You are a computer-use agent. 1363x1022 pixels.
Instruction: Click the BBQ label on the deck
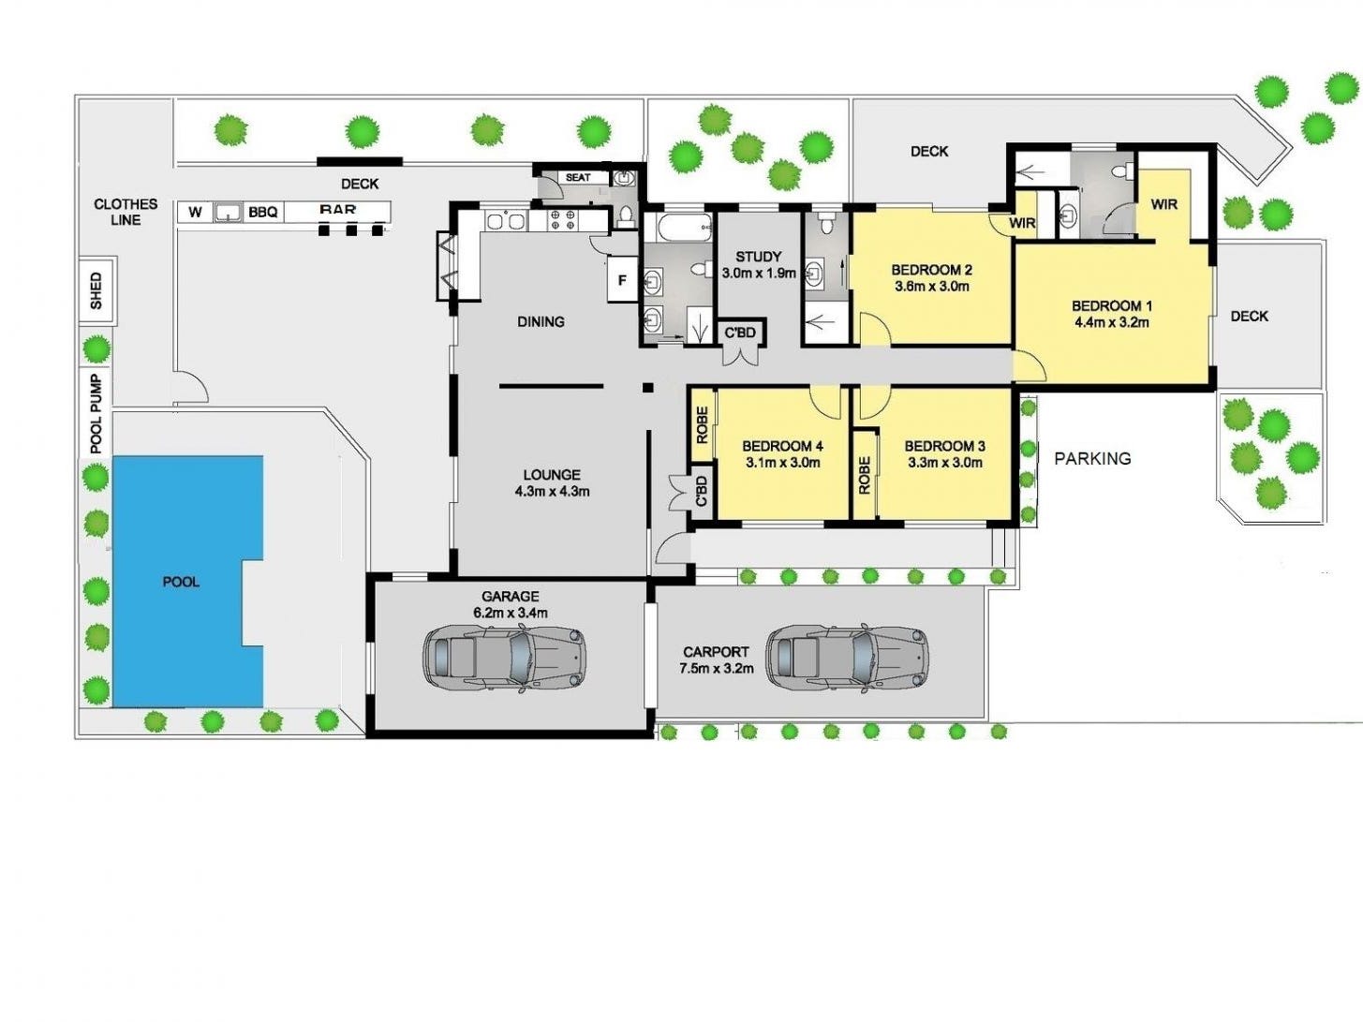[263, 213]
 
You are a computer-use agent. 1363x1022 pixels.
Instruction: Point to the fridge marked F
[622, 281]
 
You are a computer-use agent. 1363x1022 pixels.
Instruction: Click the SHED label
[96, 290]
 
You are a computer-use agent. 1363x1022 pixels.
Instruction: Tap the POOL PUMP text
[96, 413]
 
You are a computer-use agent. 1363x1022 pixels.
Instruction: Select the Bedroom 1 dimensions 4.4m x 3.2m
[1111, 323]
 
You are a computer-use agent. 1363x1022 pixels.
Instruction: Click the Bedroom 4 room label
[782, 446]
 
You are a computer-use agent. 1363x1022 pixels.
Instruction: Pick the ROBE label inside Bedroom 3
[864, 475]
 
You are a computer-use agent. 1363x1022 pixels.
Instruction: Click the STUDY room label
[758, 256]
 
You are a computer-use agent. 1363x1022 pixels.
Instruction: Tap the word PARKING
[1092, 458]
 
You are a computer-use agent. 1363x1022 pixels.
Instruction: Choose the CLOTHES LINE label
[126, 212]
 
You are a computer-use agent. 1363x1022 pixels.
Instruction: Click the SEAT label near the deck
[578, 177]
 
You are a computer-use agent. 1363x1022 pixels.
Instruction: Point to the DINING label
[541, 321]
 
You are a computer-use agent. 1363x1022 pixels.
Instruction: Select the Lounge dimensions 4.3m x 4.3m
[552, 491]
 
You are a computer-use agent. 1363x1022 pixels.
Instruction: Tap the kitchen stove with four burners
[561, 220]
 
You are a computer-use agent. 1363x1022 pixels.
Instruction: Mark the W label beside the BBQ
[195, 213]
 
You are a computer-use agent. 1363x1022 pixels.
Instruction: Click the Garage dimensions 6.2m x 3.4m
[511, 613]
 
